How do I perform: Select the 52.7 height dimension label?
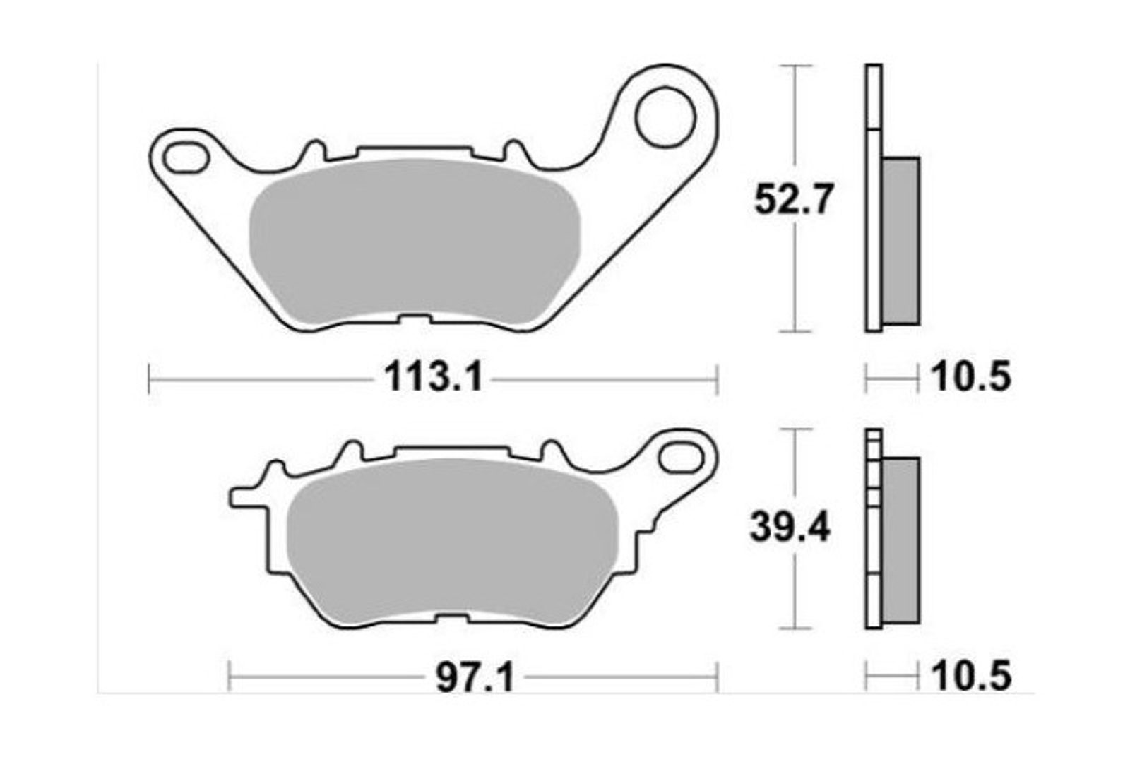tap(792, 199)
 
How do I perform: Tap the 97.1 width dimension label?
tap(475, 677)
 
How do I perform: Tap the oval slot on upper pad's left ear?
tap(186, 158)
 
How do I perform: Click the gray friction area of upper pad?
tap(415, 241)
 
